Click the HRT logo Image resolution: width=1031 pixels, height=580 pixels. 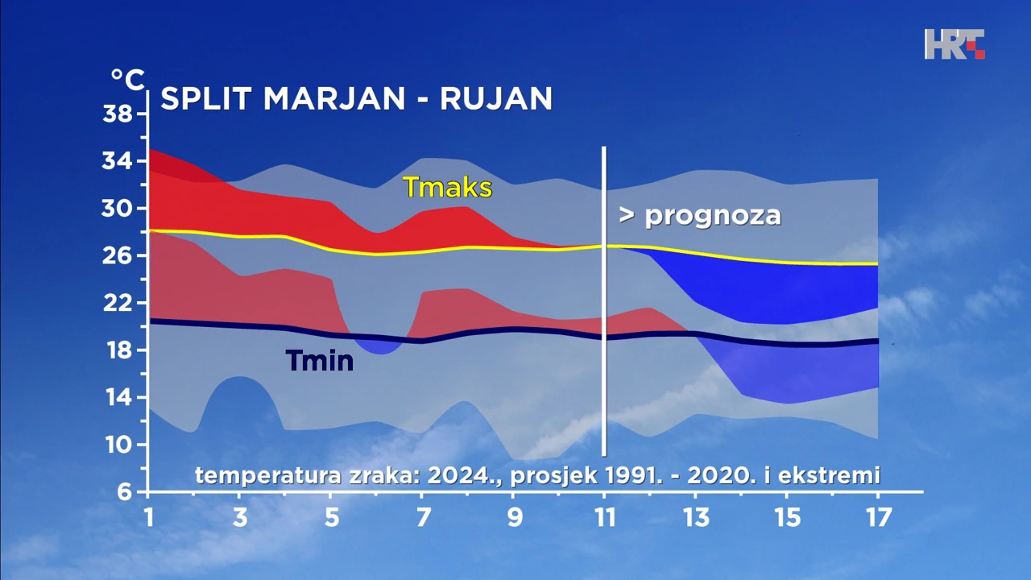[x=954, y=44]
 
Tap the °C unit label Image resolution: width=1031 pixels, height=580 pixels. [x=128, y=80]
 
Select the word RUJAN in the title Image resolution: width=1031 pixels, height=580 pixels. [x=496, y=98]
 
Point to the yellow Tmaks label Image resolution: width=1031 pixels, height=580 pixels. [x=447, y=188]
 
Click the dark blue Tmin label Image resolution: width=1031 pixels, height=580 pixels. [x=320, y=360]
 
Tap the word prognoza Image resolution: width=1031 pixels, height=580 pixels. [x=713, y=216]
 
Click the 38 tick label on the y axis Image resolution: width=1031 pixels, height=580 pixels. [x=118, y=114]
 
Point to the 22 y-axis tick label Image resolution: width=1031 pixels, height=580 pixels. [x=118, y=304]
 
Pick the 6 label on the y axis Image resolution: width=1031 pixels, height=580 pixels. [x=124, y=492]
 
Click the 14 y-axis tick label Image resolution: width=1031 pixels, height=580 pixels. [x=118, y=398]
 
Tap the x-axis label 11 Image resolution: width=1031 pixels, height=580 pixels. [x=605, y=517]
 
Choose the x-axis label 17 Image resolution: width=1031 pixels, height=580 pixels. [x=879, y=517]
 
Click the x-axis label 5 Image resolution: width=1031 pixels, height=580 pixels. [x=331, y=517]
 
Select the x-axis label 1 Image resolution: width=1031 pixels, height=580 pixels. [x=148, y=517]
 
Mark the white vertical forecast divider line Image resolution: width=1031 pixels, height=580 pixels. [x=604, y=301]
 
